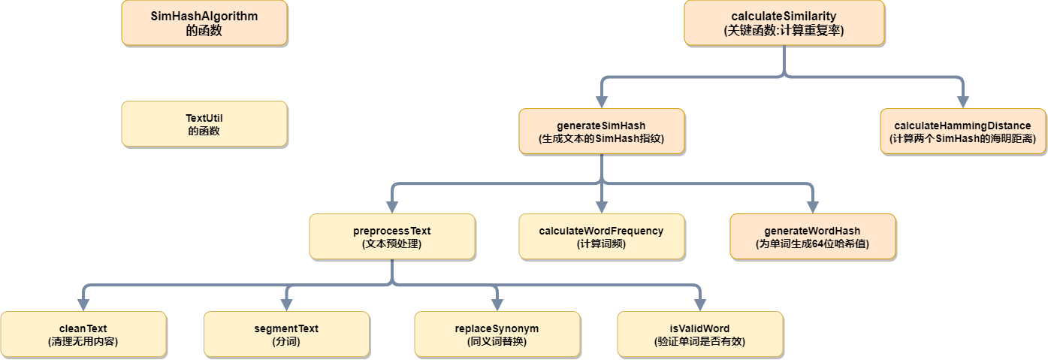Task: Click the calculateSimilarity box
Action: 784,23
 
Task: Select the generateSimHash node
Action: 602,132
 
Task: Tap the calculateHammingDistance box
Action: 962,132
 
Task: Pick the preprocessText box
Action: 391,237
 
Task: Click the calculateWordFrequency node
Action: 602,237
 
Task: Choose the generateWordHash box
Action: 812,237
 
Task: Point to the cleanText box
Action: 83,334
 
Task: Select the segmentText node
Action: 286,334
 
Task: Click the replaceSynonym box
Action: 497,334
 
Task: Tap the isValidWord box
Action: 699,334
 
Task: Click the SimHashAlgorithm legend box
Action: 204,23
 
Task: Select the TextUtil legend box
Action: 204,124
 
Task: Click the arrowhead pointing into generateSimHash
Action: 602,102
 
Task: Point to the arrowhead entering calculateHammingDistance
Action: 962,102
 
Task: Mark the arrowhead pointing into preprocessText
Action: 391,207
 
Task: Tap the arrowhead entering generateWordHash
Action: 812,207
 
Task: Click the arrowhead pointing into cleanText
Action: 83,305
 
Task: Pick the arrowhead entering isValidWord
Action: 699,305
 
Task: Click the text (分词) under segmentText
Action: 286,341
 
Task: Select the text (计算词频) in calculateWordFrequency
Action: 602,244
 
